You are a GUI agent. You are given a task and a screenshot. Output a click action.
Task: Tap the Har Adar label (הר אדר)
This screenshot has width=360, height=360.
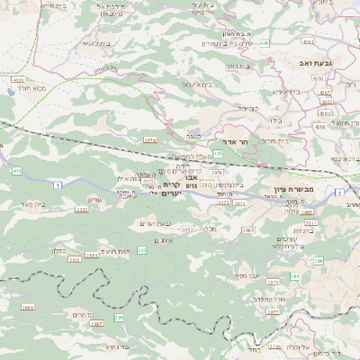click(222, 141)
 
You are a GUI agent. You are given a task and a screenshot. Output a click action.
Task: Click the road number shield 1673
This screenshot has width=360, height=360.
click(150, 139)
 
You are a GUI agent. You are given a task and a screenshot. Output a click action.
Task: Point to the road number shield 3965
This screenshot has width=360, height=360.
click(249, 230)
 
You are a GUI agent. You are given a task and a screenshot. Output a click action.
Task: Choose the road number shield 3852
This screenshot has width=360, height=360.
click(187, 230)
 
